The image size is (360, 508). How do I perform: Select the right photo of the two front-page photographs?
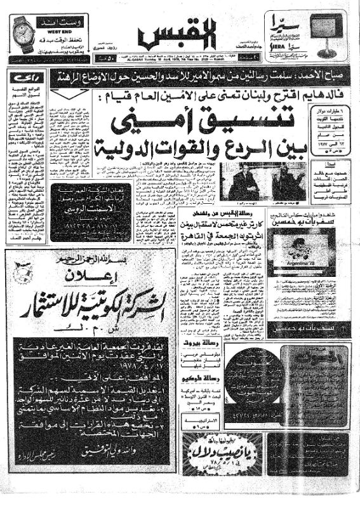(x=290, y=182)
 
